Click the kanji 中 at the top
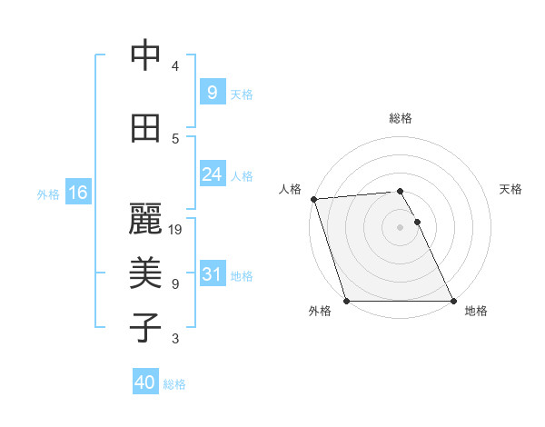coord(145,55)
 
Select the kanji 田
coord(145,129)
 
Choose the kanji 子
coord(145,328)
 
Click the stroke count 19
coord(176,230)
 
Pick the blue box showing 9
coord(212,93)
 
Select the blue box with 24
coord(212,174)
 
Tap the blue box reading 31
coord(212,274)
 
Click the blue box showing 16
coord(77,193)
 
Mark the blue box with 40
coord(145,382)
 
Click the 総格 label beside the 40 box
coord(174,384)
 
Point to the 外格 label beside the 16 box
coord(48,194)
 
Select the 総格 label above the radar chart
coord(401,118)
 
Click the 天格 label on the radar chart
coord(511,189)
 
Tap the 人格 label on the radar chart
coord(289,189)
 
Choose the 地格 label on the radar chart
coord(476,311)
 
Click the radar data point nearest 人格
coord(313,199)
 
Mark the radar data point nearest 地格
coord(453,301)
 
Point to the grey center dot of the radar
coord(401,227)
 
